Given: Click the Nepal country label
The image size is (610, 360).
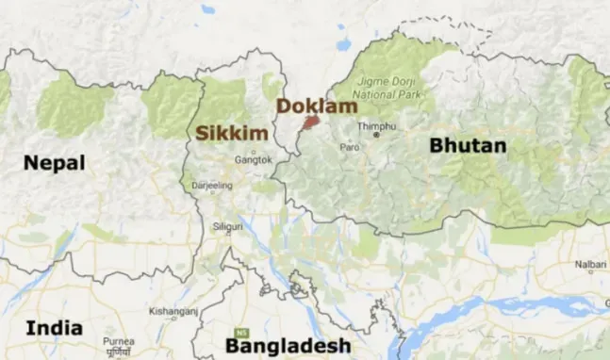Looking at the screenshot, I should [x=55, y=163].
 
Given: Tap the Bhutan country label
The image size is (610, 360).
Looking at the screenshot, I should [x=468, y=145].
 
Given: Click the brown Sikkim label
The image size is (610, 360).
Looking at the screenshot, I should [x=232, y=133].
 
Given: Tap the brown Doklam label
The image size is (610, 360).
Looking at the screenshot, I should [x=316, y=106].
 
